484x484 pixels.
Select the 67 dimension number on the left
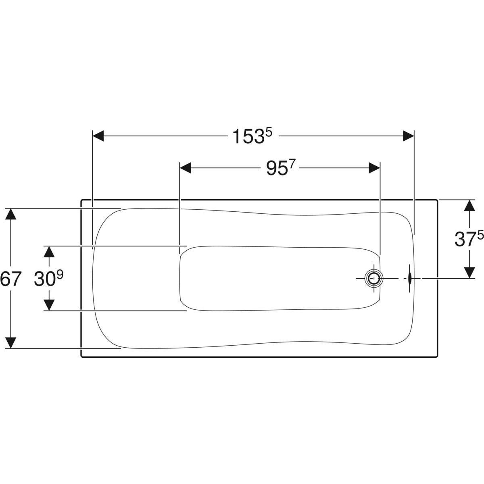pos(10,279)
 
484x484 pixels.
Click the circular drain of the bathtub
pos(374,278)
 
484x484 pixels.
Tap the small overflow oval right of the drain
pos(409,278)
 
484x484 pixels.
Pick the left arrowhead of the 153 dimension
pos(98,136)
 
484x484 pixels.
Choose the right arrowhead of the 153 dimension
pos(409,136)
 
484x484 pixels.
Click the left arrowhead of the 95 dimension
pos(186,168)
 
